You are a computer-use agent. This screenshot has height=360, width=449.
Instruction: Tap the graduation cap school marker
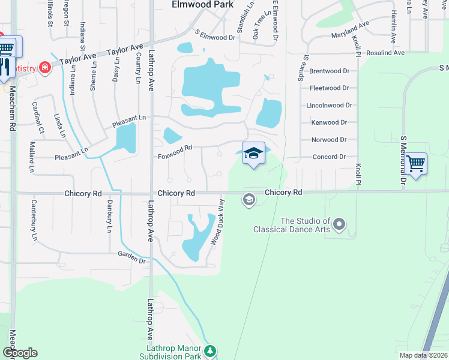(x=253, y=154)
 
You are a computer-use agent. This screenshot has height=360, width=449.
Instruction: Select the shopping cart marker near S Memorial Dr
(x=415, y=163)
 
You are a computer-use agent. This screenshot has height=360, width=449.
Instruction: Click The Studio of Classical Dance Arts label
(x=292, y=225)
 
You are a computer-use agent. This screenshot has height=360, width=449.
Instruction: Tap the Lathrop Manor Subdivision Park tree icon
(x=209, y=350)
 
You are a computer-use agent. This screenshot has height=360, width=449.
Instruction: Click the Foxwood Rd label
(x=175, y=152)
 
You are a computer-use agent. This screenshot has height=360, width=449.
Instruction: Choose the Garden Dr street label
(x=132, y=257)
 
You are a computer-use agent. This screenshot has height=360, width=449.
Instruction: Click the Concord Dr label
(x=330, y=157)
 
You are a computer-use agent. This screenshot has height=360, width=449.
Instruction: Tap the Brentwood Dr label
(x=329, y=71)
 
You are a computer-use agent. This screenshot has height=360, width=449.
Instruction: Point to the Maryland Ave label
(x=350, y=31)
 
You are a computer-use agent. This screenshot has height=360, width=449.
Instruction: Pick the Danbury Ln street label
(x=109, y=217)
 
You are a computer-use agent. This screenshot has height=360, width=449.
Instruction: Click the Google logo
(x=20, y=353)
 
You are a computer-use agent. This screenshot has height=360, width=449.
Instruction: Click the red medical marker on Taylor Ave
(x=44, y=67)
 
